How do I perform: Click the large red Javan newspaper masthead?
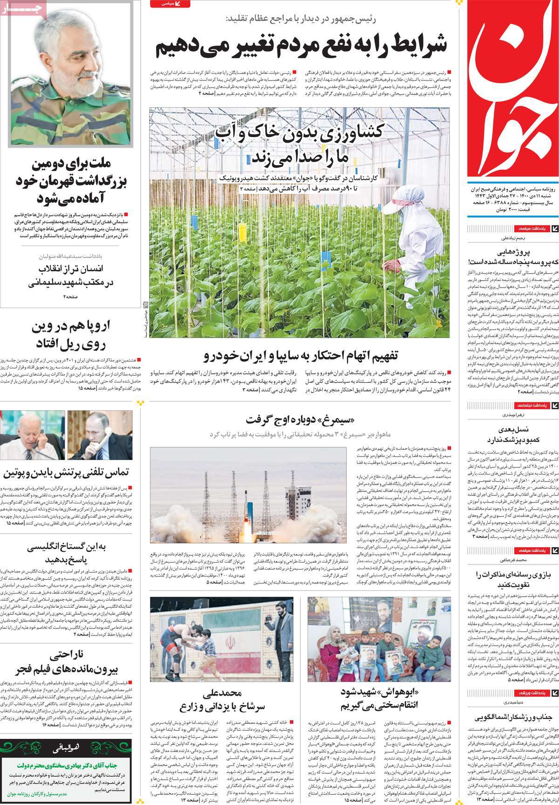tap(512, 93)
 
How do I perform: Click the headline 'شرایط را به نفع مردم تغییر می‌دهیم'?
tap(301, 46)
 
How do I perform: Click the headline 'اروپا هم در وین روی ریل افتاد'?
tap(68, 335)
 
